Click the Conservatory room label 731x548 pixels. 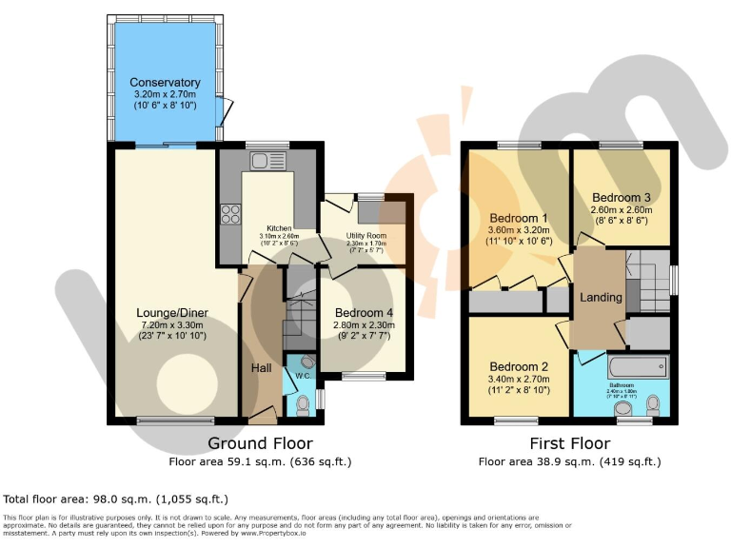click(x=165, y=83)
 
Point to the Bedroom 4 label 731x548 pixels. click(x=364, y=312)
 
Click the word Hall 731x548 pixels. click(x=262, y=367)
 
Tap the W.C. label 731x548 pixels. click(x=303, y=376)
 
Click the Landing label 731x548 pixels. click(x=601, y=297)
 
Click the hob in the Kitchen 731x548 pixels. click(x=229, y=214)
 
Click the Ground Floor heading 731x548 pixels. click(x=260, y=443)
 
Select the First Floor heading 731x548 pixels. click(x=569, y=443)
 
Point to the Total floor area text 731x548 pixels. click(x=116, y=499)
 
